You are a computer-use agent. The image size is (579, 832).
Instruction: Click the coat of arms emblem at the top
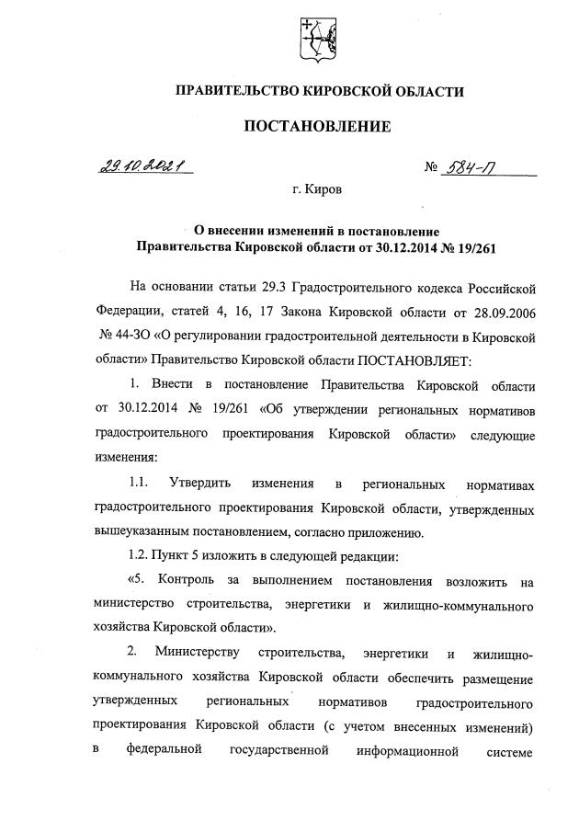pyautogui.click(x=317, y=38)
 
